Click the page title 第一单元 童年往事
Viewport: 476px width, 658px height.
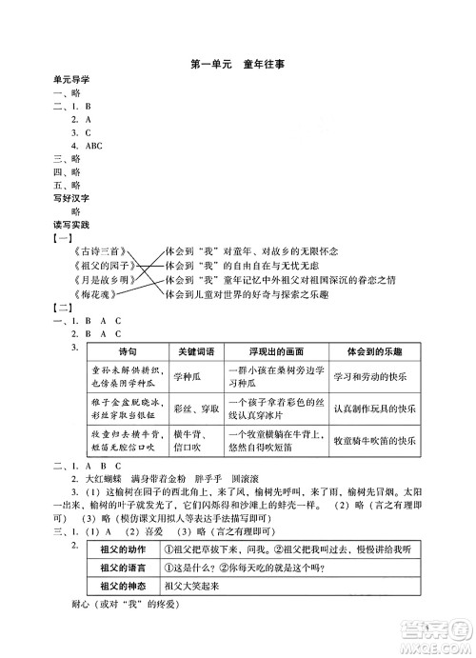[x=238, y=65]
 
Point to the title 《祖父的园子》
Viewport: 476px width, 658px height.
[x=97, y=266]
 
